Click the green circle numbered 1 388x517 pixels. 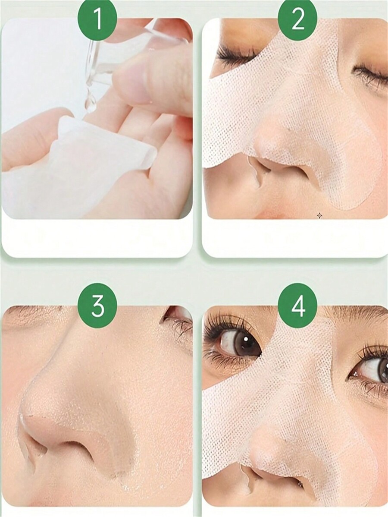[97, 20]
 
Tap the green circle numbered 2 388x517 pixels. [297, 20]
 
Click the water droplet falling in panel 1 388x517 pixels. [90, 104]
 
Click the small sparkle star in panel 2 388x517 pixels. [319, 215]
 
